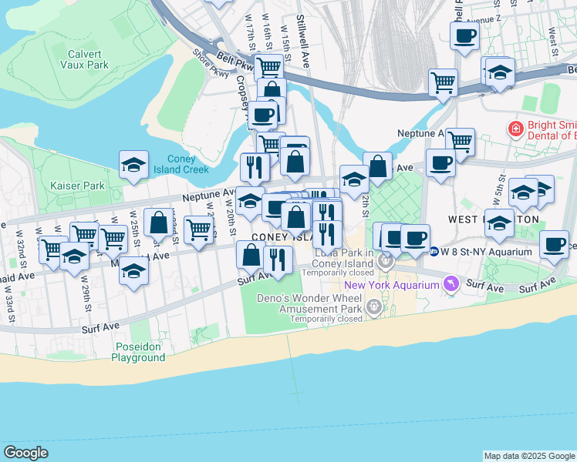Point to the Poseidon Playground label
[137, 352]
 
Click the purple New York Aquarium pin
[450, 285]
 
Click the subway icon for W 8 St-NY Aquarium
[434, 251]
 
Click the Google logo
[26, 453]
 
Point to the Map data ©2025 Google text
[528, 456]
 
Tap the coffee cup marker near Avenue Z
[464, 35]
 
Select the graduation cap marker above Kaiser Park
[133, 164]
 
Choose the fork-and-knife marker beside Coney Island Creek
[255, 166]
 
